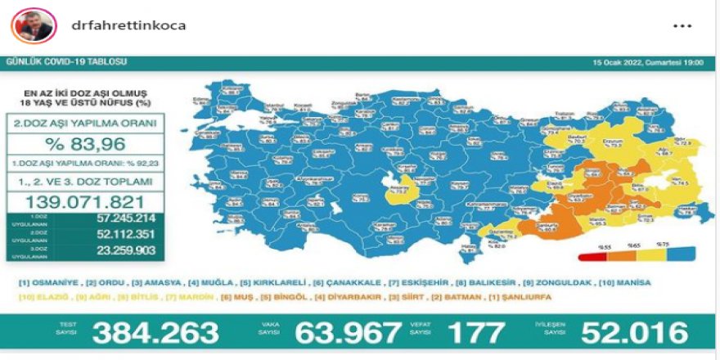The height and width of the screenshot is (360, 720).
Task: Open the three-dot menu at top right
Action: click(682, 26)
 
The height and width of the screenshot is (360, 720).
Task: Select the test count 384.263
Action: click(155, 332)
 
